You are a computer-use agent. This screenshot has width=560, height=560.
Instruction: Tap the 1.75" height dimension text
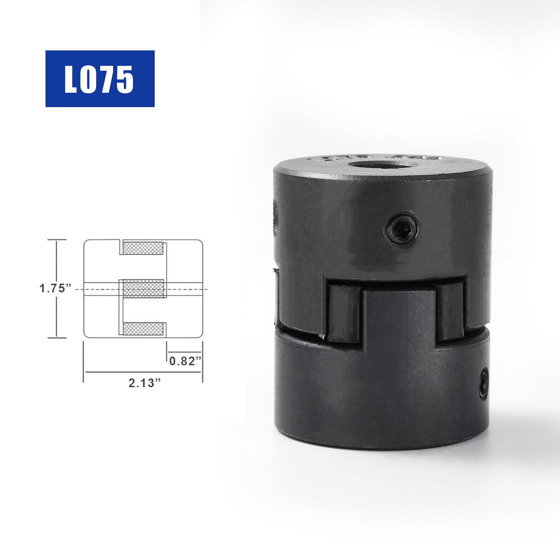point(55,289)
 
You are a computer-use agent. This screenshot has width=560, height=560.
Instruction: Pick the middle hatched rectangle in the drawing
point(143,289)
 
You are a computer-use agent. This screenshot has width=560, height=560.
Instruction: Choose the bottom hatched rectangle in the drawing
point(143,329)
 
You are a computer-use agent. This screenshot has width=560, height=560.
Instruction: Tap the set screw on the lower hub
point(484,383)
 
